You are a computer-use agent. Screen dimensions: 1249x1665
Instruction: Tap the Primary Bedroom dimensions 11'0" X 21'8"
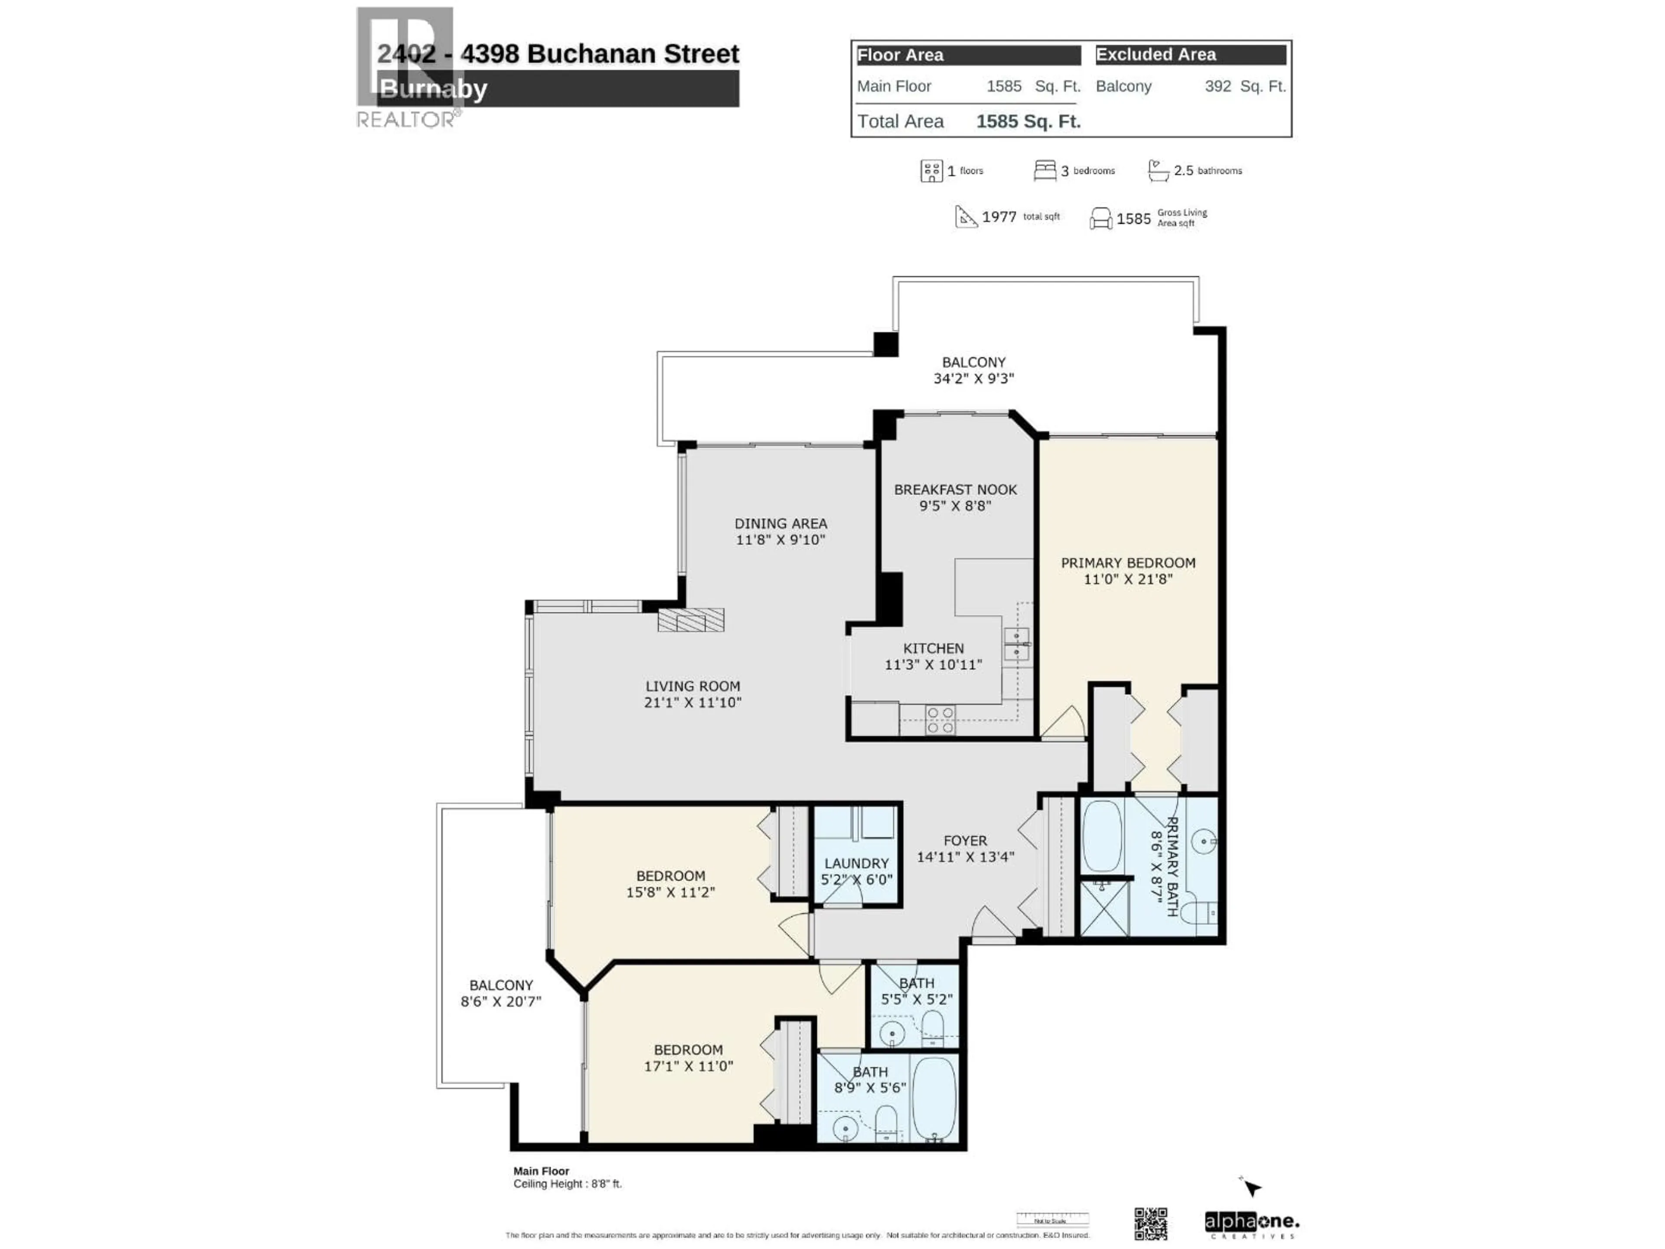point(1128,579)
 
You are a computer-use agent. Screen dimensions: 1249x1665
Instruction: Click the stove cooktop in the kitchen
point(940,720)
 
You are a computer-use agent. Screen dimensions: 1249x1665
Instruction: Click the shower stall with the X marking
point(1104,908)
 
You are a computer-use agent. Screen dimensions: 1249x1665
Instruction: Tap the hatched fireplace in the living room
point(690,620)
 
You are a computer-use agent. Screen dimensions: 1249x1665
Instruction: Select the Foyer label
point(965,841)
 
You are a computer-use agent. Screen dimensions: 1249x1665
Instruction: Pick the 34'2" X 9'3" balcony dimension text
point(973,379)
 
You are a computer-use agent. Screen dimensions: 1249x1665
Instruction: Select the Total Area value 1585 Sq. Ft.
point(1028,121)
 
